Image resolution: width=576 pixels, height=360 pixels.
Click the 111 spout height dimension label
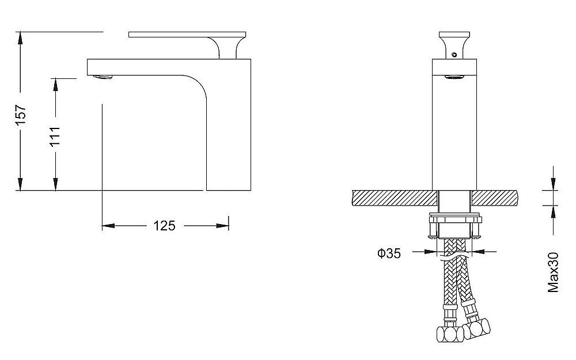tap(55, 136)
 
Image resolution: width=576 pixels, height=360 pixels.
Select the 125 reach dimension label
tap(164, 226)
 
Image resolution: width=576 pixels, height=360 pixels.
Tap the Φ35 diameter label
tap(389, 253)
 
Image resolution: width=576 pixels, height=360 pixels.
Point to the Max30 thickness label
tap(553, 272)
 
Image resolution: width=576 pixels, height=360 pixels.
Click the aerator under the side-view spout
tap(103, 77)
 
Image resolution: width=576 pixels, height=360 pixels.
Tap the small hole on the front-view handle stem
tap(454, 55)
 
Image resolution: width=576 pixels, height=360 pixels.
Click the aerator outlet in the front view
tap(454, 77)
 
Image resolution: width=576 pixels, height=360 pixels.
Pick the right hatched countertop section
tap(494, 198)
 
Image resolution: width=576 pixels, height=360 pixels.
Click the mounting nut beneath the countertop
tap(455, 227)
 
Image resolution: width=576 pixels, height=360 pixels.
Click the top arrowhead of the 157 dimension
tap(20, 37)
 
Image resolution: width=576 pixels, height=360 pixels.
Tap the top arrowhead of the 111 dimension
tap(55, 84)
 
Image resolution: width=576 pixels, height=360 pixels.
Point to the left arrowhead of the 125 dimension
tap(108, 226)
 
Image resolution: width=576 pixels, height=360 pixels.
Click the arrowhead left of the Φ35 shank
tap(430, 252)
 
